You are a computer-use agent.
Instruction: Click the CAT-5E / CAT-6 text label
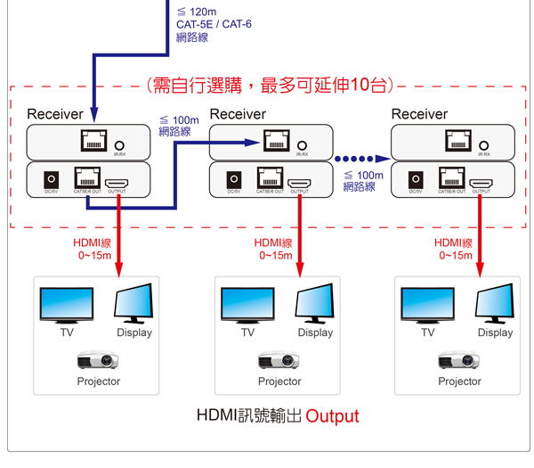(214, 24)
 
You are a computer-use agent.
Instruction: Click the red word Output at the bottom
(332, 416)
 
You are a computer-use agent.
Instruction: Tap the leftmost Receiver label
(55, 114)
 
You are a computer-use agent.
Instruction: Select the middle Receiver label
(238, 114)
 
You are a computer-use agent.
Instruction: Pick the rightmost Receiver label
(419, 114)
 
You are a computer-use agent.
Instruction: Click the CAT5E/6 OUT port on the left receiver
(87, 178)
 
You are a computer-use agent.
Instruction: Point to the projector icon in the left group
(98, 360)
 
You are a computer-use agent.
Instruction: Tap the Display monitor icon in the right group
(495, 304)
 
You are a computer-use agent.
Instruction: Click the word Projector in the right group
(459, 382)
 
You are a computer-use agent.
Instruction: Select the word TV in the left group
(67, 333)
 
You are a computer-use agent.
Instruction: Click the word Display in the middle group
(315, 333)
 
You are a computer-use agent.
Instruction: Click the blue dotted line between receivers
(360, 158)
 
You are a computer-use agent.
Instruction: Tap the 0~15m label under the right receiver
(455, 256)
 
